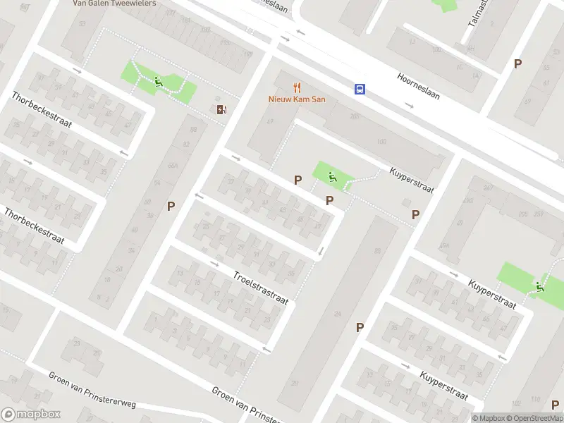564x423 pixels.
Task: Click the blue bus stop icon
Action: [360, 89]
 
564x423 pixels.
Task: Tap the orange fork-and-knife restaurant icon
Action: [297, 88]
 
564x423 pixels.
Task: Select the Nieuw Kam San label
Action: [297, 99]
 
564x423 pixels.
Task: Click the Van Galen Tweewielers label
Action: [114, 3]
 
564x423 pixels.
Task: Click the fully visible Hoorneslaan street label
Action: [419, 85]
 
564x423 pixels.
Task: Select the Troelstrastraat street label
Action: [260, 288]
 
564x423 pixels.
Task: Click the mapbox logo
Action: [31, 415]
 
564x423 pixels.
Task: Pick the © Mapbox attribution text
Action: [488, 418]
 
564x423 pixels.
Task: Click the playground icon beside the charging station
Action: [159, 82]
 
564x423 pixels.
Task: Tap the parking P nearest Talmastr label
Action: [517, 63]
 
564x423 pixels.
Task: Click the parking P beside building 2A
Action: [415, 214]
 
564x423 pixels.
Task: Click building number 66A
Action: [173, 166]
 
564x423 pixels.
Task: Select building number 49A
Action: [443, 246]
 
